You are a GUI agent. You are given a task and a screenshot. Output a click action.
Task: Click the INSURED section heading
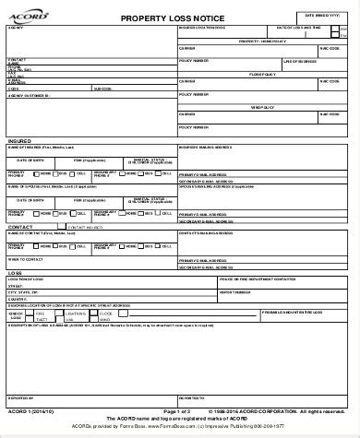(19, 141)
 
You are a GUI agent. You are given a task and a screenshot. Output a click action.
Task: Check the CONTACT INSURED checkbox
(61, 225)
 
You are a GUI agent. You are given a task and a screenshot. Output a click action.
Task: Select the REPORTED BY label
(20, 397)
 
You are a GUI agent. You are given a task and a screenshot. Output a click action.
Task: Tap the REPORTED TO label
(192, 397)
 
